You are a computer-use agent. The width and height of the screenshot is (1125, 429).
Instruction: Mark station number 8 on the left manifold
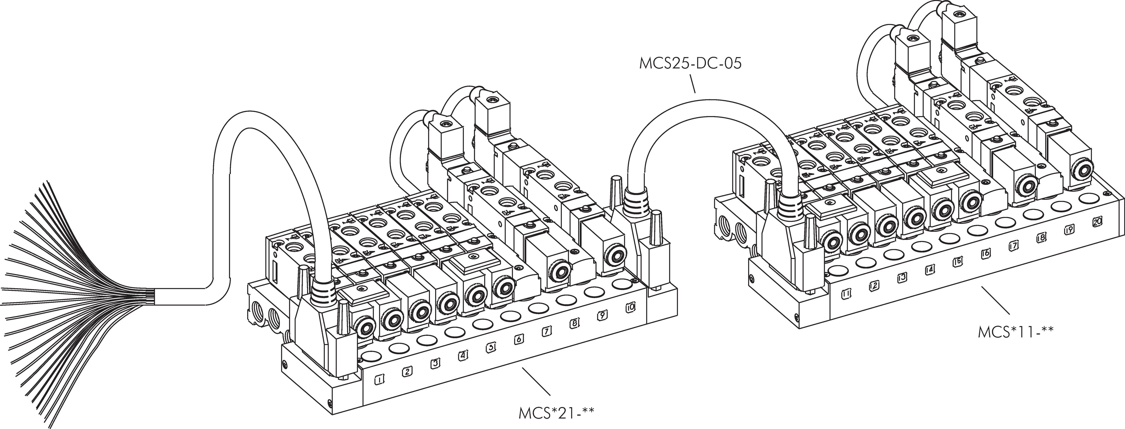click(575, 323)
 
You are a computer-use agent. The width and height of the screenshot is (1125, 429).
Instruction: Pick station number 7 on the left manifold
click(547, 331)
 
